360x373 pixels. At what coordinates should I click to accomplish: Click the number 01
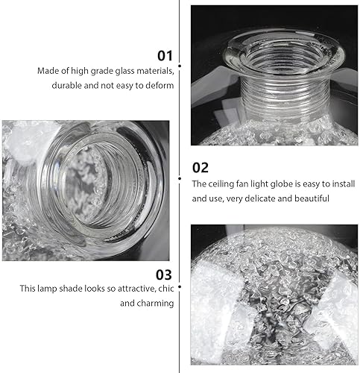tap(165, 55)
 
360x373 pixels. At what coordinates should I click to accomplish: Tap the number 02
tap(200, 167)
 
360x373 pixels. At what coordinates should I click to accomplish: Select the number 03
tap(165, 273)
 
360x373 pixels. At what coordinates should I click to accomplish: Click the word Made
tap(48, 72)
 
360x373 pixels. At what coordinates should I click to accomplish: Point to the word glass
tap(119, 72)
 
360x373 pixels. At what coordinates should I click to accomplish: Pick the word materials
tap(154, 72)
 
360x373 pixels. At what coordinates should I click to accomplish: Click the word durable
tap(67, 86)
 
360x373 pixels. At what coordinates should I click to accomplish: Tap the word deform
tap(160, 86)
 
